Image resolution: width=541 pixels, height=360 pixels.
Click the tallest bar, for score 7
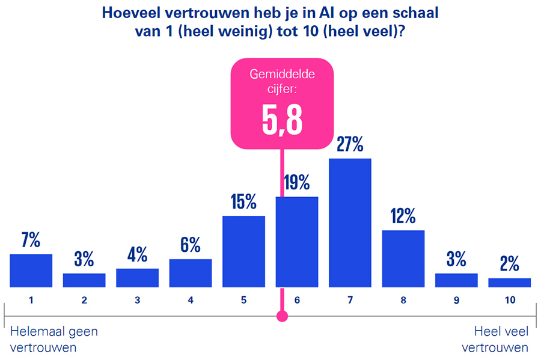[350, 223]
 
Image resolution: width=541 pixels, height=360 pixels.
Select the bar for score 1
[31, 270]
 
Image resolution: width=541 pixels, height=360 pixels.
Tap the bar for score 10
[509, 282]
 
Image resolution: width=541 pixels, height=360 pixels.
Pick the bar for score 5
[243, 251]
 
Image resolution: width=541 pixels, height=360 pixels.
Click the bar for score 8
[403, 258]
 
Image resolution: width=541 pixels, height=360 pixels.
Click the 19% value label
[297, 183]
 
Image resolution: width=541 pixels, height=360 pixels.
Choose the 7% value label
[31, 241]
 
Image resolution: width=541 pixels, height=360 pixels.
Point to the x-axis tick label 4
[191, 299]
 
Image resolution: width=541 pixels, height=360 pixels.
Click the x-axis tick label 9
[456, 299]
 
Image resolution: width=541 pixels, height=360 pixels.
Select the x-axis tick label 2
[84, 299]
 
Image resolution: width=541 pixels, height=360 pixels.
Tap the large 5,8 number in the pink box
[282, 120]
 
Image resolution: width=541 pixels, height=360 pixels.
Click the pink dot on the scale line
[282, 316]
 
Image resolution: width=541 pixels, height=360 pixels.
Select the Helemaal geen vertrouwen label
[53, 339]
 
